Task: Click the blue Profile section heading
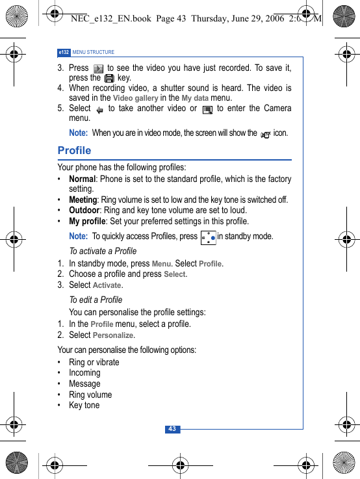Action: tap(74, 151)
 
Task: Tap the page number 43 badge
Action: tap(172, 429)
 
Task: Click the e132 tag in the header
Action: tap(64, 52)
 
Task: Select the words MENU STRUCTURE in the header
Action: tap(94, 52)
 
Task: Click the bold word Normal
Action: tap(82, 179)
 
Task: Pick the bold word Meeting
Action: tap(83, 200)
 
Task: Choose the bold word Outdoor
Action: tap(84, 210)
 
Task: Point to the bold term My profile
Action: tap(87, 221)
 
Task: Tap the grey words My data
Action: tap(195, 98)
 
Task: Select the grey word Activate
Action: tap(107, 285)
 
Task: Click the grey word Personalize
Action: tap(114, 335)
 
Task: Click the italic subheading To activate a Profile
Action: tap(103, 251)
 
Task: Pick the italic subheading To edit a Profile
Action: tap(96, 300)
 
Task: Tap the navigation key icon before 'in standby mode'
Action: tap(208, 237)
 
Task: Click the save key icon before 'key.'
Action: tap(109, 78)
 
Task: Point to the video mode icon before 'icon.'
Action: tap(265, 134)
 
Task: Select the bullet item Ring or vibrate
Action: tap(94, 362)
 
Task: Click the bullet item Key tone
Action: tap(84, 405)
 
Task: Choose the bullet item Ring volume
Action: tap(90, 395)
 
